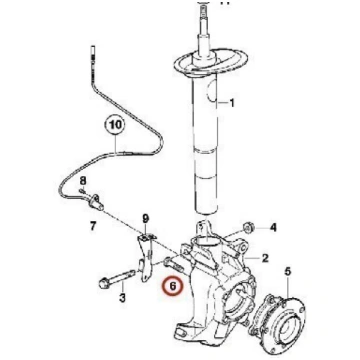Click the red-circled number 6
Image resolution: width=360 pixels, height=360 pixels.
[x=173, y=286]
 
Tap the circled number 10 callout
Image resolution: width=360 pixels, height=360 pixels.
[x=114, y=125]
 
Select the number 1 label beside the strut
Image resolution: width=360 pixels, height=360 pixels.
[x=232, y=103]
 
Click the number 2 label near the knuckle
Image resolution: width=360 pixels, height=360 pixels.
[x=265, y=258]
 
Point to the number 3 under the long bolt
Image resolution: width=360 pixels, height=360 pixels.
[x=122, y=297]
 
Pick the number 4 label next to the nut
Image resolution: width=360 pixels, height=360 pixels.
[x=273, y=228]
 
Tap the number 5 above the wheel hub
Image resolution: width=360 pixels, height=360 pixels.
[x=288, y=272]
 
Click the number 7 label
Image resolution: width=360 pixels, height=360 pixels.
[x=93, y=227]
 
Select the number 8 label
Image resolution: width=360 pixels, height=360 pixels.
[x=83, y=181]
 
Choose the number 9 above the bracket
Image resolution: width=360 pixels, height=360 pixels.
[x=146, y=219]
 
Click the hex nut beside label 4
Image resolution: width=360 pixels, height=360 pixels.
[x=248, y=228]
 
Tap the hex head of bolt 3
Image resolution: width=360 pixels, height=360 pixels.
[x=104, y=284]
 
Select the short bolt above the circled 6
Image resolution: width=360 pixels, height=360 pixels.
[x=173, y=265]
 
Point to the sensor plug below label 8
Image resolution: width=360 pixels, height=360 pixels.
[x=95, y=203]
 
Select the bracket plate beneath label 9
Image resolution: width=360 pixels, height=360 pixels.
[x=146, y=258]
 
